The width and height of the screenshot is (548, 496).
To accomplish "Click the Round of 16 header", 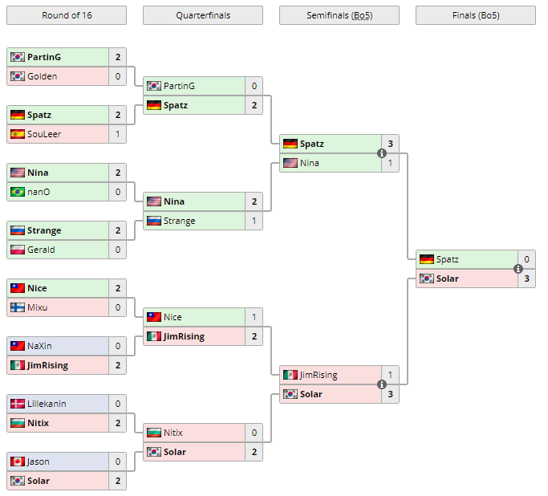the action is (66, 15).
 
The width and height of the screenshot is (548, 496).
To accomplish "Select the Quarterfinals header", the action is (202, 15).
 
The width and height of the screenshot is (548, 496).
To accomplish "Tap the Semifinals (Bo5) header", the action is (339, 15).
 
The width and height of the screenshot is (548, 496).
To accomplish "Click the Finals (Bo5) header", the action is (475, 15).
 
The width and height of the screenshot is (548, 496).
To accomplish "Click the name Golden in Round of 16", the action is (42, 76).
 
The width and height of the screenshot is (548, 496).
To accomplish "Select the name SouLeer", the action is (44, 134).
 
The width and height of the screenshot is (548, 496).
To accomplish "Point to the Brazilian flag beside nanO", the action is (17, 192).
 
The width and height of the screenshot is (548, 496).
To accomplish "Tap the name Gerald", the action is (41, 250).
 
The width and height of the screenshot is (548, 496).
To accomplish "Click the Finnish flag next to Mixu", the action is (17, 307).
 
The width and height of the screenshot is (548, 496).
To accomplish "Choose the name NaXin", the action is (40, 346).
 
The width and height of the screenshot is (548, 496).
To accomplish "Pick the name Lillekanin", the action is (47, 404).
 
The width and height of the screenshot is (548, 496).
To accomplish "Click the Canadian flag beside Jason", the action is (17, 461).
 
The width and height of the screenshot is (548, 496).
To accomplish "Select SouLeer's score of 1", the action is (118, 134).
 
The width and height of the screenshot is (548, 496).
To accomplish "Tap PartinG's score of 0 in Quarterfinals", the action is (254, 86).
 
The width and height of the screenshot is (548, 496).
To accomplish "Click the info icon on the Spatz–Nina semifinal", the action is (382, 153).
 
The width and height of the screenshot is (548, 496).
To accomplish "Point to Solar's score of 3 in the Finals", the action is (527, 278).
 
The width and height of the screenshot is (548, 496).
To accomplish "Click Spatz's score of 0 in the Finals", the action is (527, 259).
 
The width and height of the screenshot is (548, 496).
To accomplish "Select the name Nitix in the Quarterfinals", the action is (173, 433).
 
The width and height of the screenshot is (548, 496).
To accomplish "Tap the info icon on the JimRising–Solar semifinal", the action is (382, 384).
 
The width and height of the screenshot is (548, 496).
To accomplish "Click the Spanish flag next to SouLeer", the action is (17, 134).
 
